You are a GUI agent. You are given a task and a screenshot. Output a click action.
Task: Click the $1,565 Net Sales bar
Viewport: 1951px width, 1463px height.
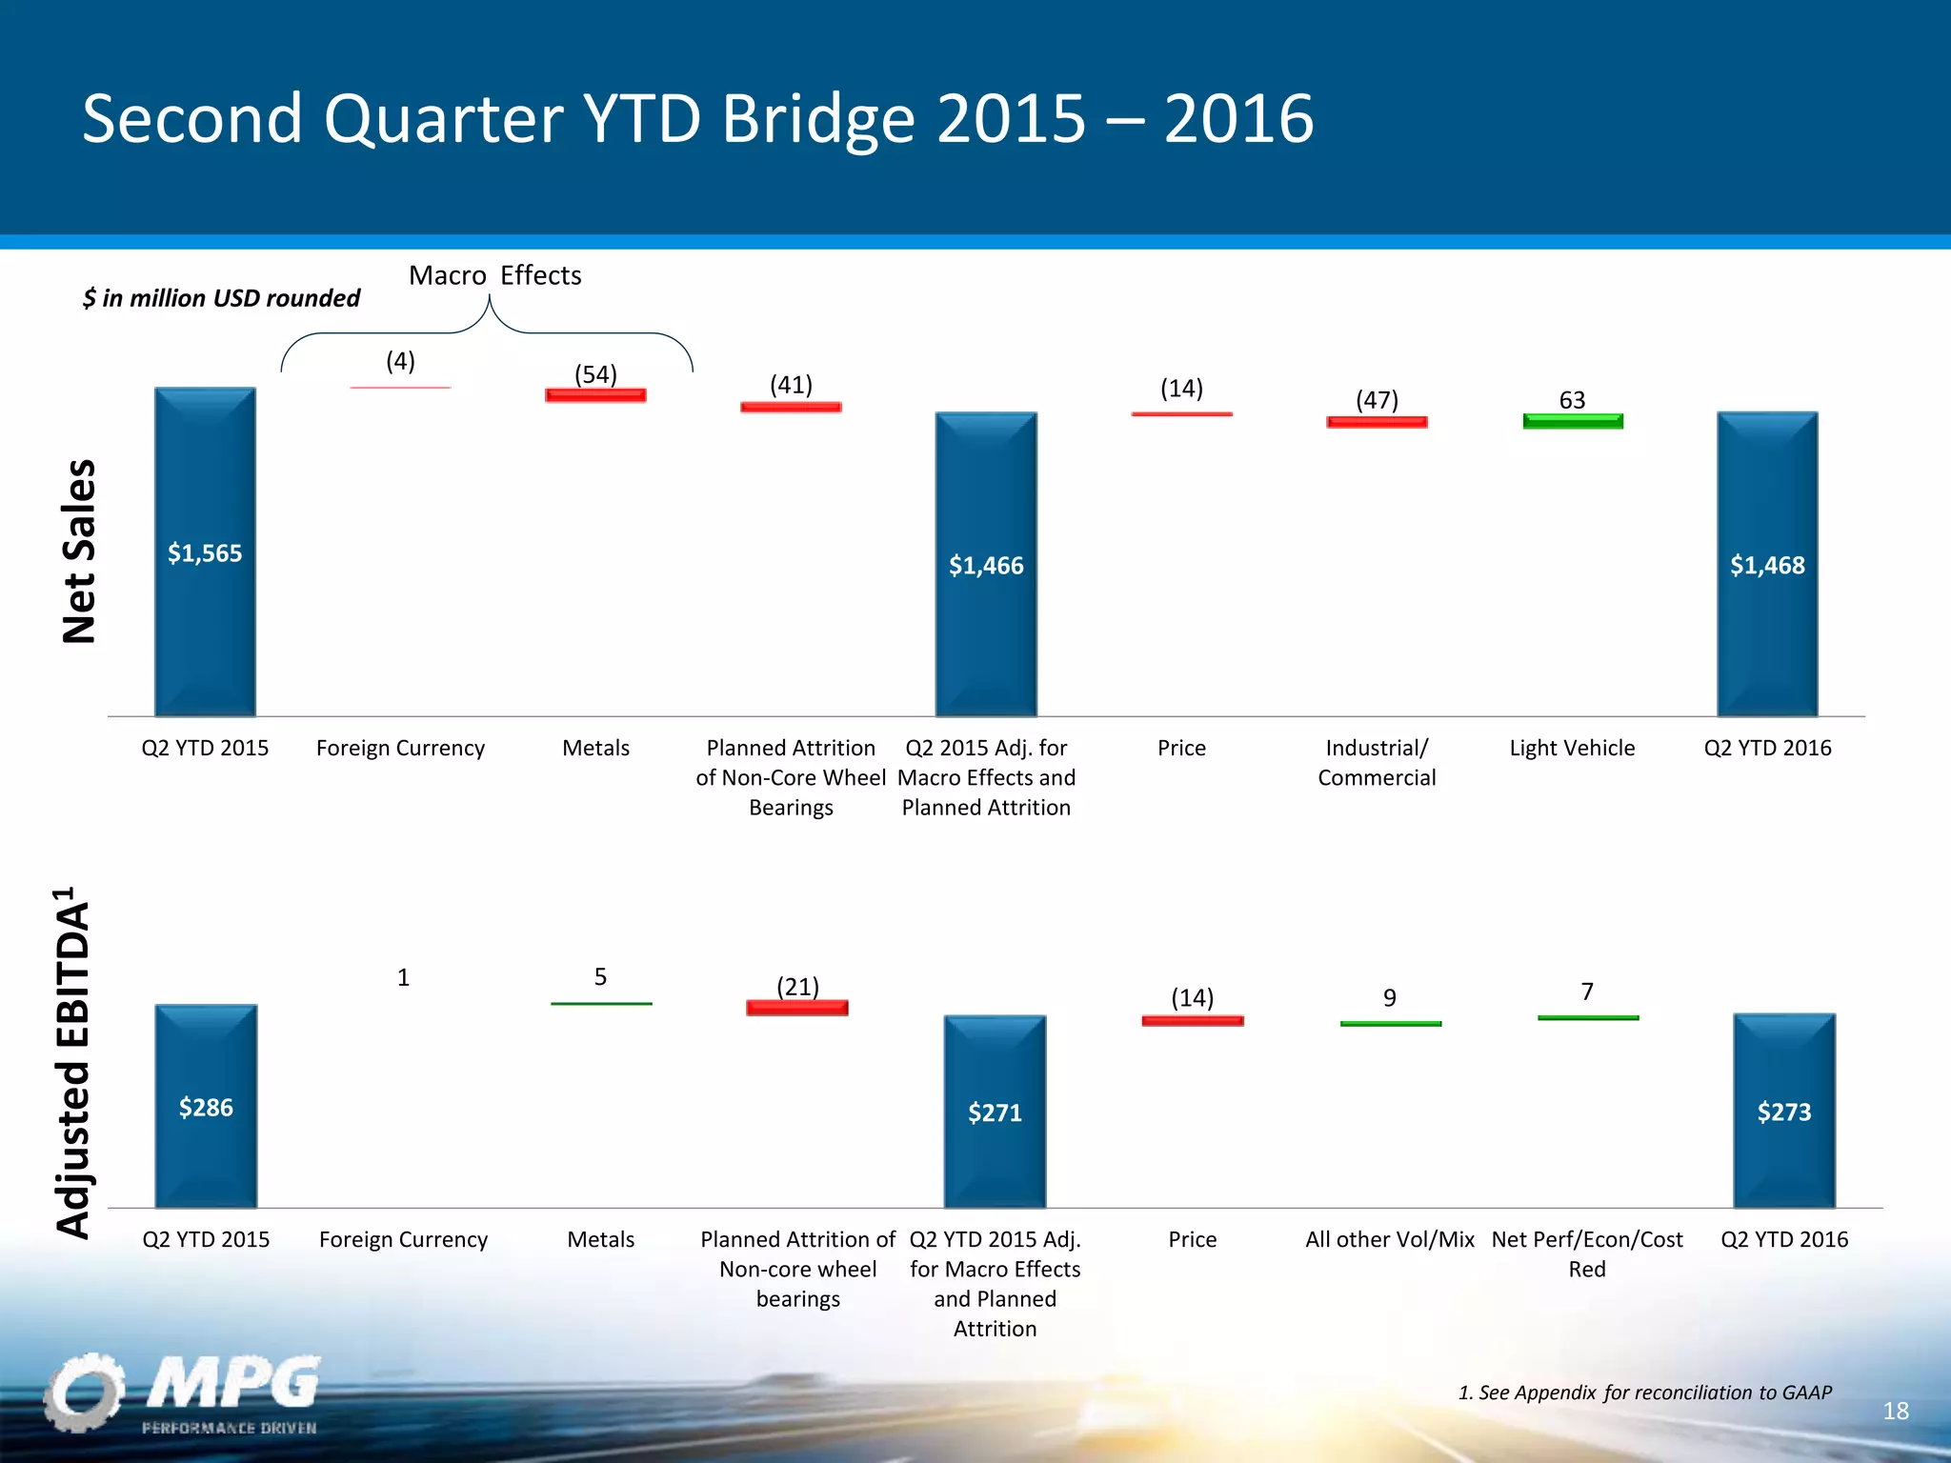pyautogui.click(x=205, y=551)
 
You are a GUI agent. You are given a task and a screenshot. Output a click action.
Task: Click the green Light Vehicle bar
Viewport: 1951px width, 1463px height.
pyautogui.click(x=1573, y=421)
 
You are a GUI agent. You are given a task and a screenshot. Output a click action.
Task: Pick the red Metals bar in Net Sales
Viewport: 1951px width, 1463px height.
pyautogui.click(x=595, y=395)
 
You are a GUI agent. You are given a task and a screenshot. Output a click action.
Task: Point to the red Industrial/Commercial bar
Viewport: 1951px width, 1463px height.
pyautogui.click(x=1377, y=422)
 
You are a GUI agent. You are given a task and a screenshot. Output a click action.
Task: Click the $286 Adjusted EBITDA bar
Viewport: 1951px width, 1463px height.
pyautogui.click(x=206, y=1106)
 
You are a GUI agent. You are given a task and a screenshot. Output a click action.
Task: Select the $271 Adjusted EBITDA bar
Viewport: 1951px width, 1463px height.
pyautogui.click(x=995, y=1112)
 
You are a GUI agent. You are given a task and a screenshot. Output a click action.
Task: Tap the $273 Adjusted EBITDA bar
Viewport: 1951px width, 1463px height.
pyautogui.click(x=1783, y=1111)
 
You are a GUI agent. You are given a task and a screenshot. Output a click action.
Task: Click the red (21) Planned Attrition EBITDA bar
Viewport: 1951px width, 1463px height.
pyautogui.click(x=797, y=1008)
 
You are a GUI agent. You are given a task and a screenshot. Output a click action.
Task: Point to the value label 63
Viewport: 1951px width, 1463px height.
pyautogui.click(x=1572, y=400)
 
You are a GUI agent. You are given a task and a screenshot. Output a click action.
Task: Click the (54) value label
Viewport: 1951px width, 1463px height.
pyautogui.click(x=595, y=374)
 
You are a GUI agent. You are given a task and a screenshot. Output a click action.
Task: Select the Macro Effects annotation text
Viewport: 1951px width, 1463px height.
pyautogui.click(x=494, y=275)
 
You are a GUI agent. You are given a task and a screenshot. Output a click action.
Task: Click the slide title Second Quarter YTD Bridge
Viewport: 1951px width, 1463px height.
pyautogui.click(x=697, y=118)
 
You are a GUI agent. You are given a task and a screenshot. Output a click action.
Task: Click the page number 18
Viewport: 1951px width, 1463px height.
pyautogui.click(x=1895, y=1411)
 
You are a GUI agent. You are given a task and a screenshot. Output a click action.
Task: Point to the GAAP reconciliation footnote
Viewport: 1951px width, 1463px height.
pyautogui.click(x=1644, y=1393)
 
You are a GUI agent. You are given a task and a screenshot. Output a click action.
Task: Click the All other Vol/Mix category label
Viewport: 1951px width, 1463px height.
pyautogui.click(x=1389, y=1239)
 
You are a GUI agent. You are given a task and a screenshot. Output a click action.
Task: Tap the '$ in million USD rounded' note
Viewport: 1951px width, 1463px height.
pyautogui.click(x=221, y=298)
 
